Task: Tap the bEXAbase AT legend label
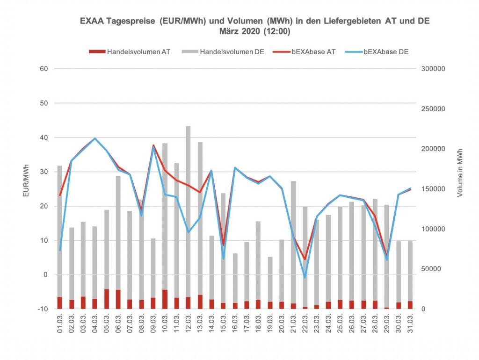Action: tap(313, 52)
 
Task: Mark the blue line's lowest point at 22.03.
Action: tap(305, 278)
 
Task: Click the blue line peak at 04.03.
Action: tap(95, 138)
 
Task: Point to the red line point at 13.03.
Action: tap(200, 192)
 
